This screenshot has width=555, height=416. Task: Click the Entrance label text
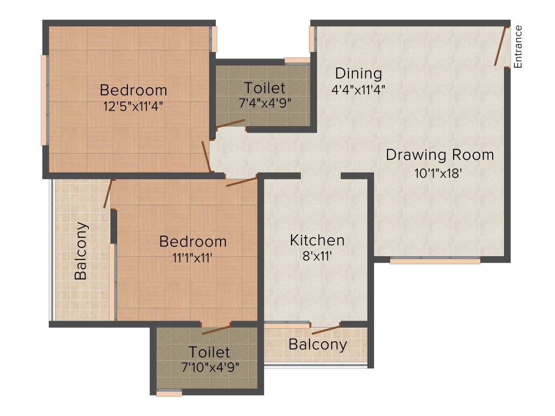pyautogui.click(x=518, y=47)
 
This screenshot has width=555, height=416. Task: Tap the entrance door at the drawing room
pyautogui.click(x=500, y=47)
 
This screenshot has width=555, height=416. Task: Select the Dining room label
pyautogui.click(x=358, y=73)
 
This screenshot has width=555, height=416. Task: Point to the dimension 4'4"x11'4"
pyautogui.click(x=358, y=88)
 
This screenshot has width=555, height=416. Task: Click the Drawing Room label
pyautogui.click(x=440, y=155)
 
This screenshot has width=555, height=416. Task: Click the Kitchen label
pyautogui.click(x=317, y=240)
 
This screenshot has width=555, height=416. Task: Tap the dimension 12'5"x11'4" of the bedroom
pyautogui.click(x=133, y=106)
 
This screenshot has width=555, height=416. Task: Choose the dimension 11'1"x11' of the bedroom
pyautogui.click(x=192, y=258)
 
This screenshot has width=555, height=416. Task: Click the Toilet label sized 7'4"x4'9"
pyautogui.click(x=264, y=88)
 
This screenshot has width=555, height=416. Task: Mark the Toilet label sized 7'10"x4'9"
pyautogui.click(x=210, y=352)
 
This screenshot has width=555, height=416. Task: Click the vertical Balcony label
pyautogui.click(x=81, y=250)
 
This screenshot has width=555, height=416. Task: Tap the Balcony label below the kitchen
pyautogui.click(x=318, y=344)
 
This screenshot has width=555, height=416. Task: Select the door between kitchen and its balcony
pyautogui.click(x=326, y=329)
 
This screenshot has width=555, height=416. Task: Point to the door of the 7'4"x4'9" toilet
pyautogui.click(x=230, y=125)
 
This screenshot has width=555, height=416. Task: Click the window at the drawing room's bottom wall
pyautogui.click(x=435, y=261)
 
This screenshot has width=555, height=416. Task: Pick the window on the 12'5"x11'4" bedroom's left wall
pyautogui.click(x=44, y=99)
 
